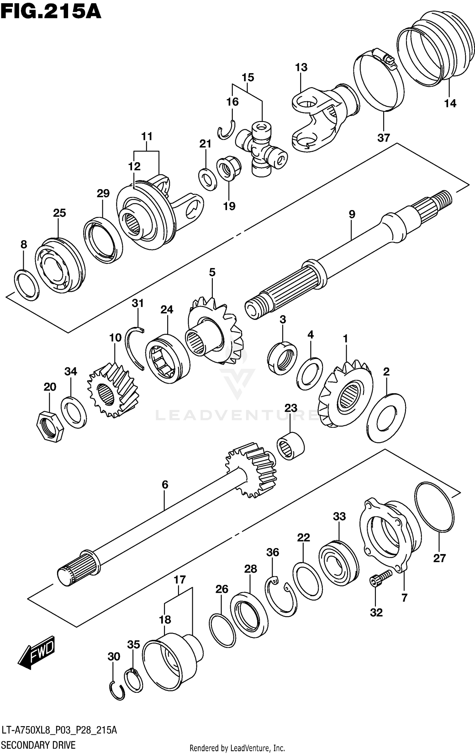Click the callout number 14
(450, 103)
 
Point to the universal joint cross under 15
(262, 149)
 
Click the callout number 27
(440, 558)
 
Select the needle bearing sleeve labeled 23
(290, 446)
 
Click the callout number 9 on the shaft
(352, 214)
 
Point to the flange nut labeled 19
(229, 170)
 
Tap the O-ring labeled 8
(27, 285)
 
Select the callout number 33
(339, 517)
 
